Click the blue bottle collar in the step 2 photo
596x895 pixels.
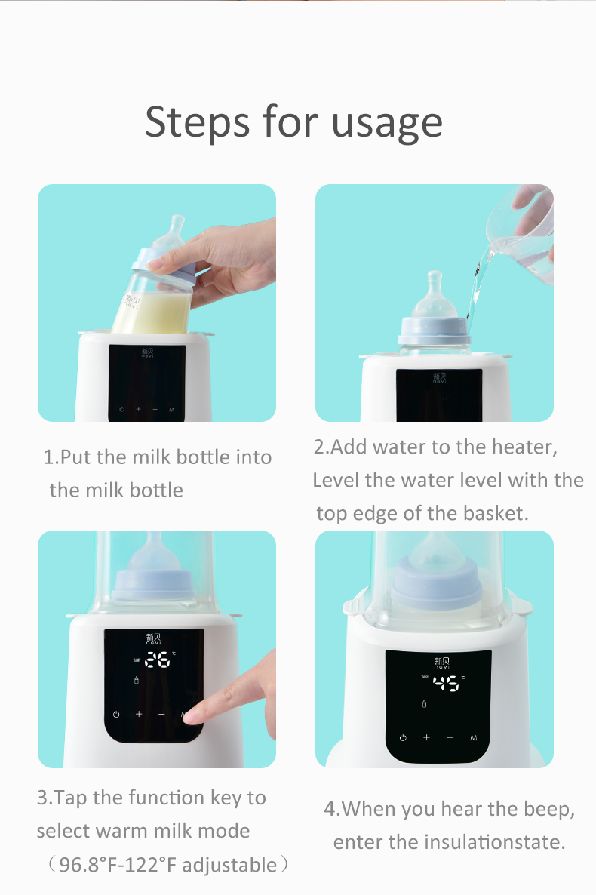click(434, 330)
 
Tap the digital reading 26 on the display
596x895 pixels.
click(157, 660)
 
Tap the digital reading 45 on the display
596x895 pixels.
click(445, 684)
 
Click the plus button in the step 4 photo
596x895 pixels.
click(426, 737)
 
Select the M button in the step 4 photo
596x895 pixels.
click(474, 737)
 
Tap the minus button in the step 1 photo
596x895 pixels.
click(155, 409)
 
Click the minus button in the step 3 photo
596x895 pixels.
click(161, 714)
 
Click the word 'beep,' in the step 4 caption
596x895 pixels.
click(548, 809)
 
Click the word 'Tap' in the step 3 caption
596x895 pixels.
click(72, 798)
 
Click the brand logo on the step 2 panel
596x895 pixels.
click(439, 377)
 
